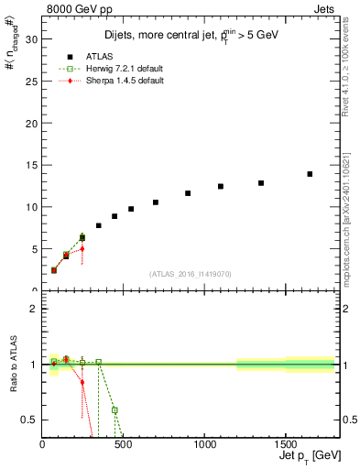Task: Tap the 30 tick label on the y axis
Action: [x=30, y=39]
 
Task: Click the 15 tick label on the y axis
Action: [x=30, y=165]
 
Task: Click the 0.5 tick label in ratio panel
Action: [x=27, y=420]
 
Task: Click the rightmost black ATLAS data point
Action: [x=310, y=174]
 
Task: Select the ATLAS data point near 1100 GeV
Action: [x=221, y=186]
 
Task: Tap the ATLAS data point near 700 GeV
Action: [x=156, y=202]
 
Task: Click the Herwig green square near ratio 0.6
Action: [x=115, y=410]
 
